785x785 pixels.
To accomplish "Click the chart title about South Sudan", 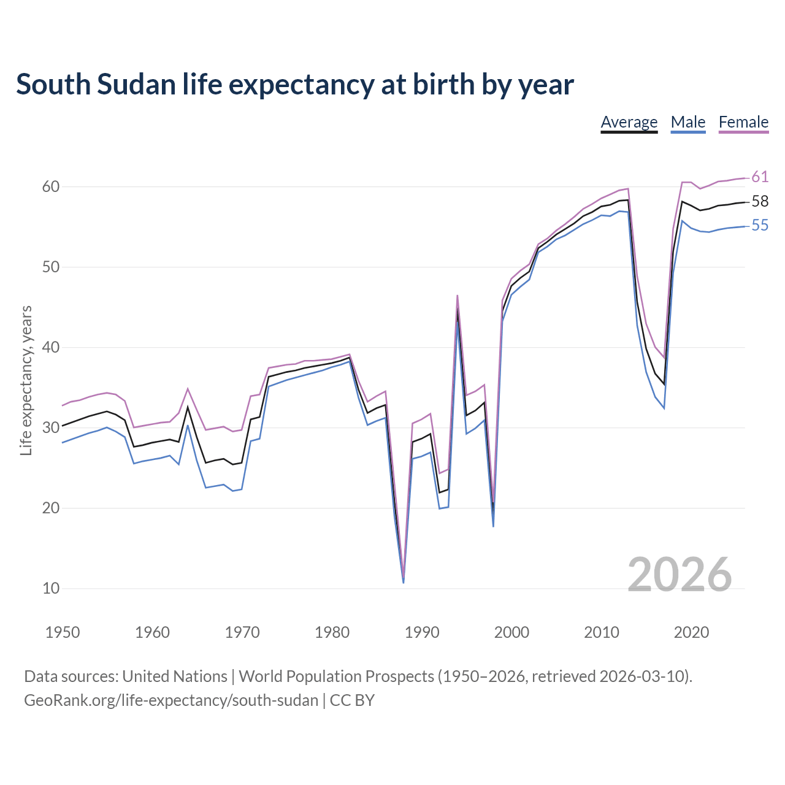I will pyautogui.click(x=295, y=85).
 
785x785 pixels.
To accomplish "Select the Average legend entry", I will pyautogui.click(x=629, y=122).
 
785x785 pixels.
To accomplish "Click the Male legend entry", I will pyautogui.click(x=688, y=122).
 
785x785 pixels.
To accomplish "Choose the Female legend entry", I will pyautogui.click(x=743, y=122).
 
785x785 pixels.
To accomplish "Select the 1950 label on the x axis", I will pyautogui.click(x=63, y=632).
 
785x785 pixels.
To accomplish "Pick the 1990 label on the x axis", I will pyautogui.click(x=422, y=632).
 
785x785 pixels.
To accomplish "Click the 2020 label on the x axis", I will pyautogui.click(x=691, y=632).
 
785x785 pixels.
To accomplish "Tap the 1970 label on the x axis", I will pyautogui.click(x=242, y=632).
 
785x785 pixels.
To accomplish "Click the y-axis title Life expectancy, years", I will pyautogui.click(x=26, y=380).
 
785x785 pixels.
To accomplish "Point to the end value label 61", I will pyautogui.click(x=760, y=177).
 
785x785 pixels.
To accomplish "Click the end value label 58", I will pyautogui.click(x=760, y=201).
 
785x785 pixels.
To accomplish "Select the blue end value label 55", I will pyautogui.click(x=760, y=226).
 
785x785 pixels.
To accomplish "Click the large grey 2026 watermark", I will pyautogui.click(x=680, y=575).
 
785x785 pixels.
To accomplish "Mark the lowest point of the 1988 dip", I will pyautogui.click(x=404, y=581).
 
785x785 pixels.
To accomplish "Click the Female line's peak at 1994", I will pyautogui.click(x=458, y=296).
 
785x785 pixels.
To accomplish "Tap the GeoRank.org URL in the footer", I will pyautogui.click(x=171, y=700).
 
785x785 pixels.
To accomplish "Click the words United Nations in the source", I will pyautogui.click(x=175, y=676).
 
